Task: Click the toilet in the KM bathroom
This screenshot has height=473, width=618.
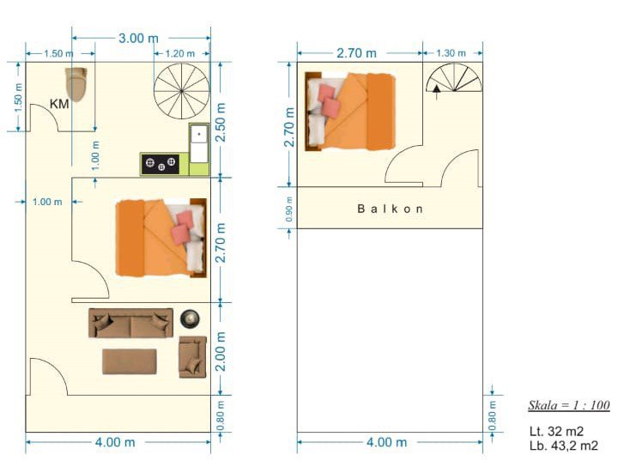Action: coord(76,84)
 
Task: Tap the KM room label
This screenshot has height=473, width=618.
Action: coord(59,104)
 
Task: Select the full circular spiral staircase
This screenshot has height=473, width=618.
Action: coord(181,91)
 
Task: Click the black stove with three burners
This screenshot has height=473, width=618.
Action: coord(161,164)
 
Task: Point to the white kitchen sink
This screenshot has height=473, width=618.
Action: coord(199,143)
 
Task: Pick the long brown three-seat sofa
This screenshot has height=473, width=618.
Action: coord(130,323)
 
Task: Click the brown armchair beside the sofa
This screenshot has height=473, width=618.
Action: coord(193,357)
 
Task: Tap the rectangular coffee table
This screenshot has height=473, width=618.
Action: coord(130,361)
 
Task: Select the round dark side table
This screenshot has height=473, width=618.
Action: coord(190,318)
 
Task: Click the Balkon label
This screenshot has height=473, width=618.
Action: coord(391,209)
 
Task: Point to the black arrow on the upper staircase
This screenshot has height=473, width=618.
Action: coord(436,90)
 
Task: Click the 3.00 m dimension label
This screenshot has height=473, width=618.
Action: coord(138,39)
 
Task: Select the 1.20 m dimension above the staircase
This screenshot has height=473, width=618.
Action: coord(179,53)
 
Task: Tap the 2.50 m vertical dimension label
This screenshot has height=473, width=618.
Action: coord(221,122)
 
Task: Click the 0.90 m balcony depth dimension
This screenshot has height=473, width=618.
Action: coord(289,209)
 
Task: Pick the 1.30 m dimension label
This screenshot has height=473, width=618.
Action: coord(451,53)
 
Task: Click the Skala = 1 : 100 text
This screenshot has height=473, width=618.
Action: coord(569,405)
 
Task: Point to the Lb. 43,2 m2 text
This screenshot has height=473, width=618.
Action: coord(564,446)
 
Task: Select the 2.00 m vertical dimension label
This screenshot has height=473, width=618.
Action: coord(221,351)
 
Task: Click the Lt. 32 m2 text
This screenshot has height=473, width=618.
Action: coord(556,431)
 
